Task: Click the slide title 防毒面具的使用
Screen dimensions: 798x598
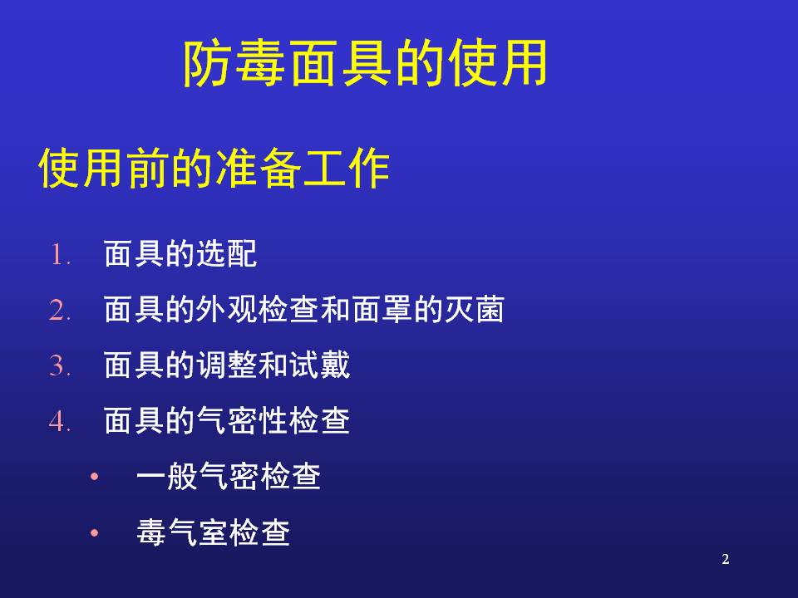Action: (365, 64)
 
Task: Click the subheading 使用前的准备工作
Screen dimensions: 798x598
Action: (214, 169)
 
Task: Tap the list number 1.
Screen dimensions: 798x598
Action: (60, 254)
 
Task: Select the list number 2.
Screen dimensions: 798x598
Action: (60, 310)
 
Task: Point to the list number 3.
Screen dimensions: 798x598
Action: (60, 365)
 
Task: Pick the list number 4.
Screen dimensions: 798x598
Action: (60, 422)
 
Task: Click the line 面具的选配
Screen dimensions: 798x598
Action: (180, 254)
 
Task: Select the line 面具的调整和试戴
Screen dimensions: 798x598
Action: (227, 365)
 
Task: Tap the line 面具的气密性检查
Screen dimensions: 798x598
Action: (227, 421)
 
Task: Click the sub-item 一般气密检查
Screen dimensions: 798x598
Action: (229, 477)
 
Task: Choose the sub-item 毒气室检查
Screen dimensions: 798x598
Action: (214, 532)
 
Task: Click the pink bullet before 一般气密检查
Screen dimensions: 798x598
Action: (94, 477)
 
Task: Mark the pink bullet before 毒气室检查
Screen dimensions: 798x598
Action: (94, 532)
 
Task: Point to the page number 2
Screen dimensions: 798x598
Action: (726, 559)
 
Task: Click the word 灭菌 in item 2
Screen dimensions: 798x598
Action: (475, 309)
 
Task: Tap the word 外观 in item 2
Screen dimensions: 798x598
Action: (226, 309)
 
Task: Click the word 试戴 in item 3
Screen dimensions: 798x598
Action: (319, 365)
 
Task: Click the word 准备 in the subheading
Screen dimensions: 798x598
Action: (258, 169)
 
